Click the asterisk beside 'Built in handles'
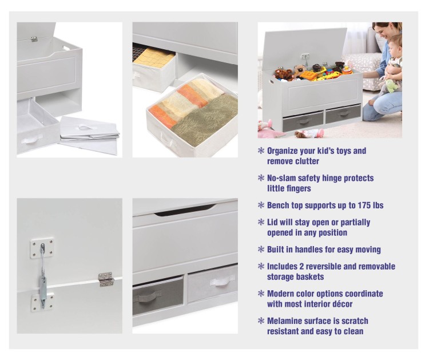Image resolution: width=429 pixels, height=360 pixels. [x=261, y=250]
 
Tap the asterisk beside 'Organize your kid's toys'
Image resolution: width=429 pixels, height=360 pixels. [x=261, y=151]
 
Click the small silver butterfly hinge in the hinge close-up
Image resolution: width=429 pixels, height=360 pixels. [x=106, y=279]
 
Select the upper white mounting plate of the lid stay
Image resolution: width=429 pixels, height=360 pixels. [x=42, y=248]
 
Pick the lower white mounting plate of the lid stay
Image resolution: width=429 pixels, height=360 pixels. [x=42, y=303]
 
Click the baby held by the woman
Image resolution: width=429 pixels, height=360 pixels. [x=392, y=66]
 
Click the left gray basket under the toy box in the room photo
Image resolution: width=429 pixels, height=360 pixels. [x=303, y=121]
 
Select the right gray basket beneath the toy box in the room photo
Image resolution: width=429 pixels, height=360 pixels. [x=343, y=114]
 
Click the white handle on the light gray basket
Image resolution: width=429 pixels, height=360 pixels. [x=221, y=281]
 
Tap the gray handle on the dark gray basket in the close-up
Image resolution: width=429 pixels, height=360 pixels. [x=148, y=296]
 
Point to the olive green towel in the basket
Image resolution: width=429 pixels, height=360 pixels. [x=205, y=119]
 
